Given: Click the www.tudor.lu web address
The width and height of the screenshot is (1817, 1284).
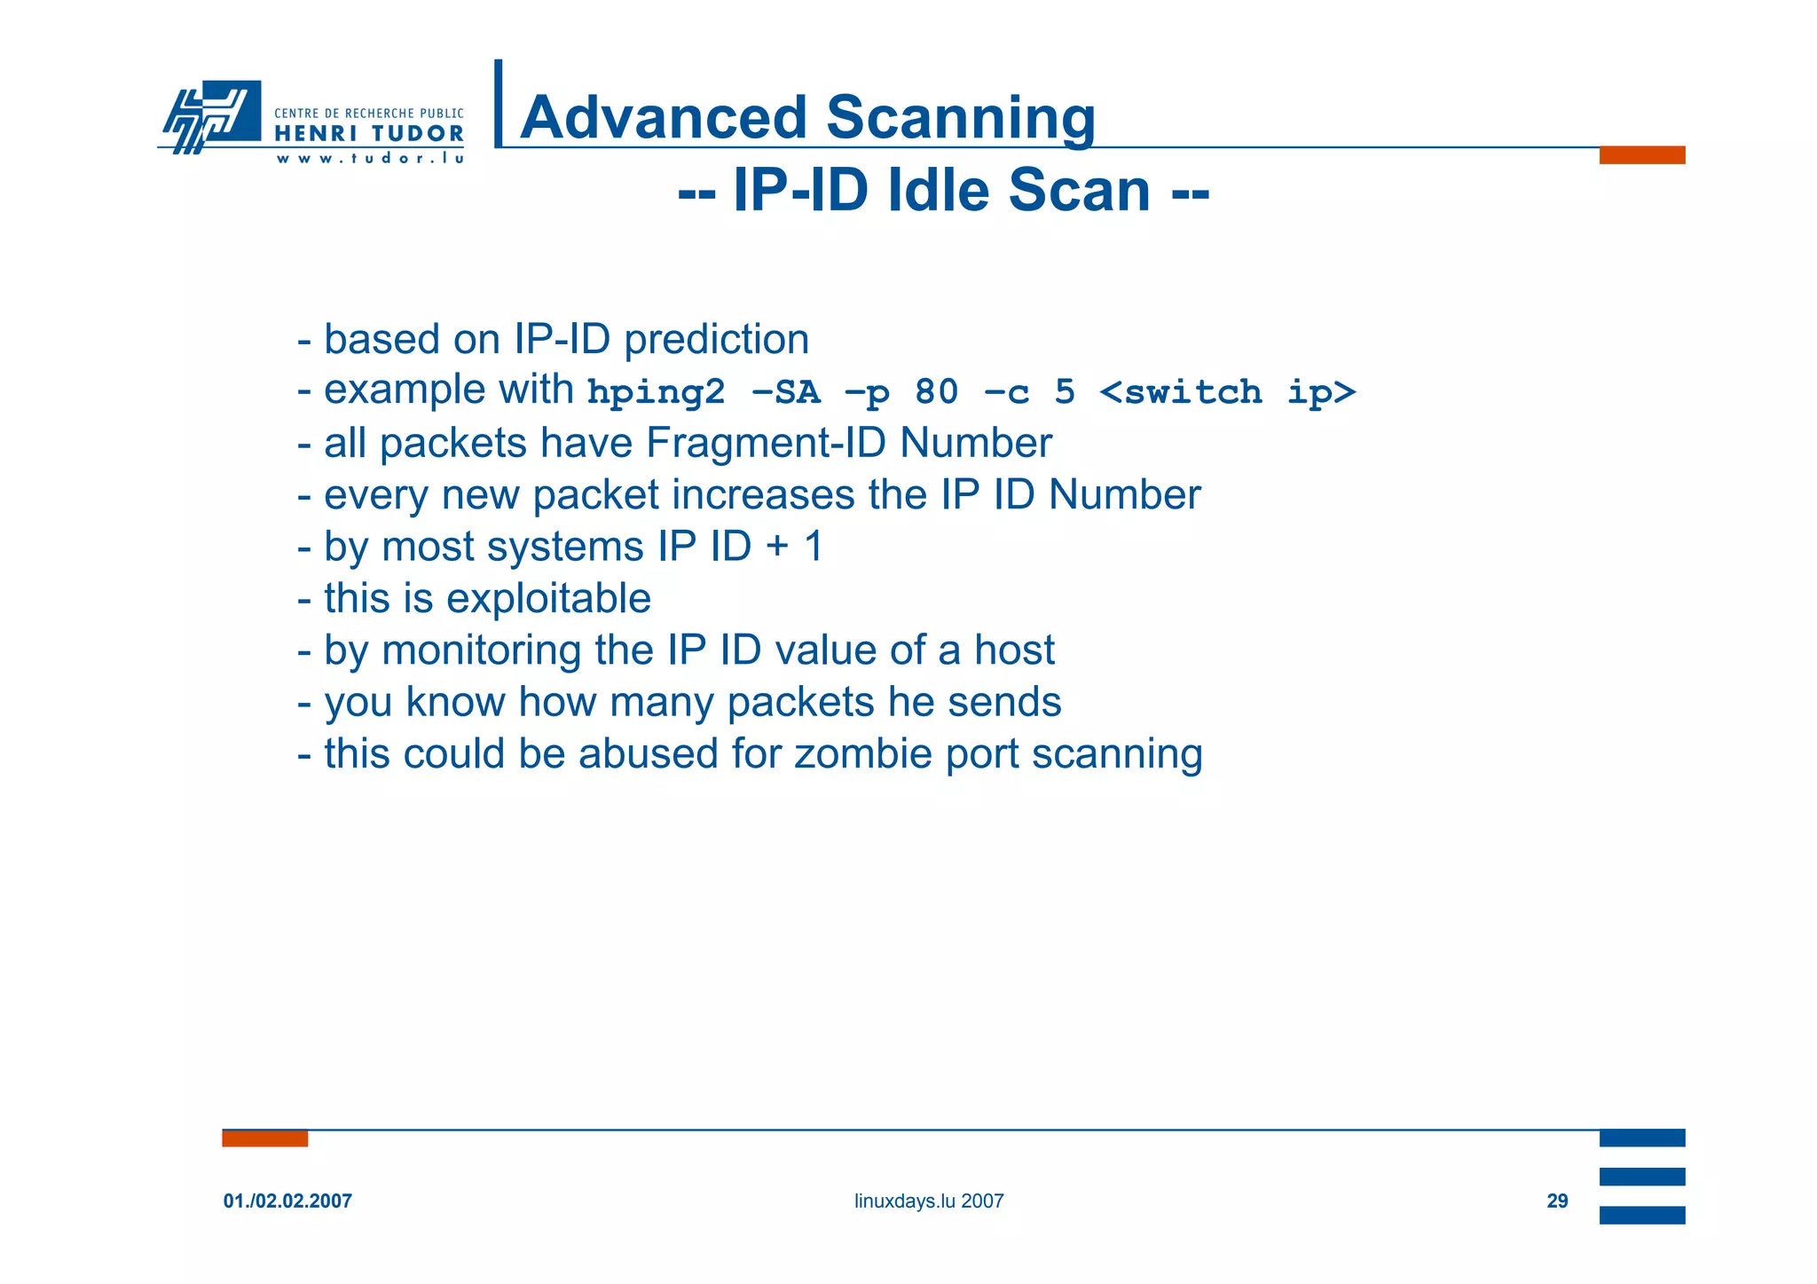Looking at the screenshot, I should (369, 159).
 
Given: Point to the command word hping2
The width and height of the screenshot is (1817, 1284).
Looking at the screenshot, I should (656, 392).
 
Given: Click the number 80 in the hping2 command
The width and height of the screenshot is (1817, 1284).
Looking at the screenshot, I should (937, 391).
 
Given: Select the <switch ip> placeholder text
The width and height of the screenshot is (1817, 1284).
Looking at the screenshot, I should (1227, 391).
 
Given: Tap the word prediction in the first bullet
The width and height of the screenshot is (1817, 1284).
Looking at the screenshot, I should (716, 340).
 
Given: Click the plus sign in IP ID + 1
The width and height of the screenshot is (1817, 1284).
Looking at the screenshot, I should (776, 546).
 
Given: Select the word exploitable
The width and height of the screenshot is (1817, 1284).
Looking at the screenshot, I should (548, 598).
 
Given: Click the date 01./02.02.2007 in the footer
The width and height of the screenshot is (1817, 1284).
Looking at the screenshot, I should (287, 1201).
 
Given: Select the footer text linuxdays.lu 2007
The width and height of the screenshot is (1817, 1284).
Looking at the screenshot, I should (928, 1201).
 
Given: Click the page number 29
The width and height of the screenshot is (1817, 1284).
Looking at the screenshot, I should (1557, 1201).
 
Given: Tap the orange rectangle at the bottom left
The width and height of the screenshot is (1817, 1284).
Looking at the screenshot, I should (264, 1138).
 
